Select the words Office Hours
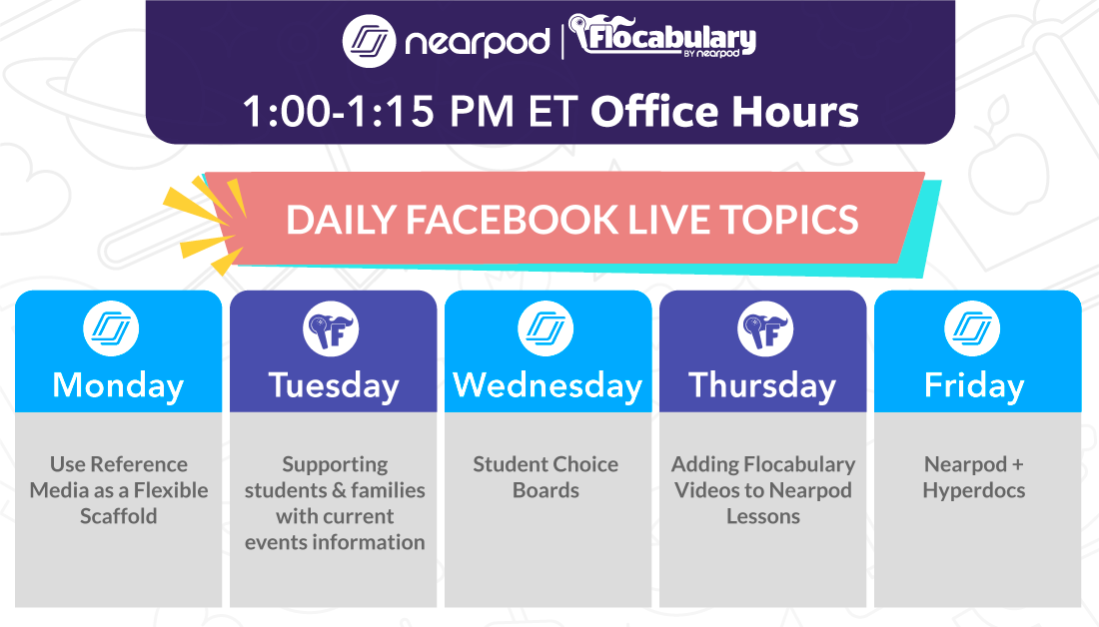point(724,112)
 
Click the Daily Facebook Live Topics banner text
point(571,220)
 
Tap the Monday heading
point(118,385)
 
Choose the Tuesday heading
point(333,385)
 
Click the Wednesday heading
point(548,385)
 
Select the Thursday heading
point(762,385)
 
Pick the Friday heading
point(974,385)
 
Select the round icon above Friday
point(973,329)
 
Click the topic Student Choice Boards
point(546,477)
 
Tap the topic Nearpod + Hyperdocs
point(973,477)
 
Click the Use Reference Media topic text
point(119,490)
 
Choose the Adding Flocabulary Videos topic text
point(763,490)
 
